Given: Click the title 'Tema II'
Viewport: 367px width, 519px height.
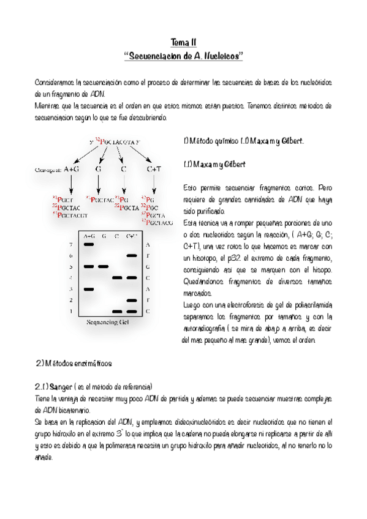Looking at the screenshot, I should tap(183, 43).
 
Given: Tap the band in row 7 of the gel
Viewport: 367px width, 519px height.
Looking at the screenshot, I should tap(89, 244).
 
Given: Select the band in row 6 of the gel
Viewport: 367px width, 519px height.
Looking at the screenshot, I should tap(132, 256).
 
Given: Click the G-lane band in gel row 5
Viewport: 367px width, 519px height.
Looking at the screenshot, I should tap(104, 267).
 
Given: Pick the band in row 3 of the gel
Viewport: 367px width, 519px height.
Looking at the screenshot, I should tap(89, 289).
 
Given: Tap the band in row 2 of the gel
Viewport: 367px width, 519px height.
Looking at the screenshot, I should tap(132, 301).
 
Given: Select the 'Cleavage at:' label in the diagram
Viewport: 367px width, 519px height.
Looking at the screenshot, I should tap(47, 171).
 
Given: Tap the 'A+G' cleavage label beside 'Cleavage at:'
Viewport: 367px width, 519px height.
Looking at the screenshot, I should tap(72, 170).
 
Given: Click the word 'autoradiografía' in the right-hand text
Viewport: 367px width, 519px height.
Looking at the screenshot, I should tap(208, 329).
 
